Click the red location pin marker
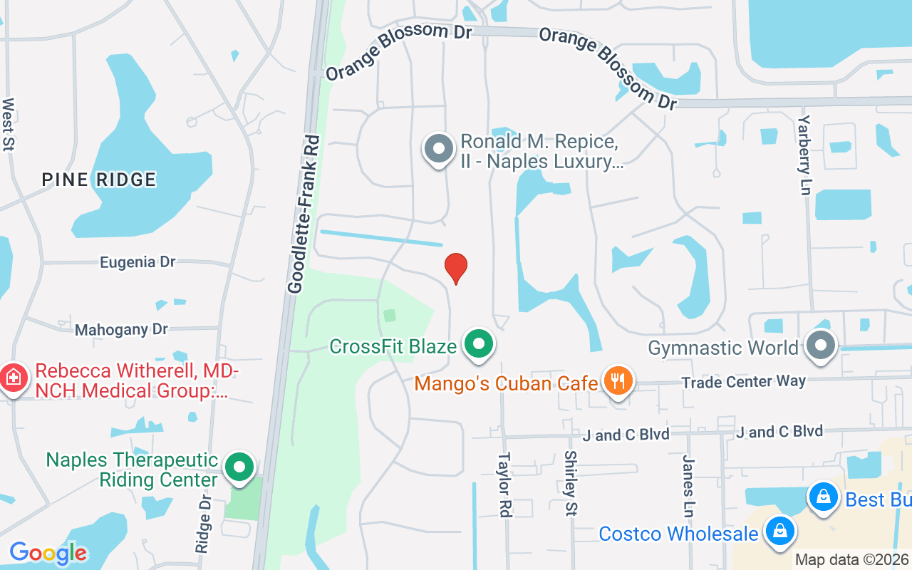(456, 268)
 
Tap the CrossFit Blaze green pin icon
(480, 345)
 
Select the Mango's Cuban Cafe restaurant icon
(618, 381)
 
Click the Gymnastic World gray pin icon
(821, 346)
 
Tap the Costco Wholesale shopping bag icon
(780, 531)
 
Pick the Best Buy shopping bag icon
(823, 497)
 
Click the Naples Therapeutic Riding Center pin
(239, 467)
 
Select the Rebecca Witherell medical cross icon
(14, 378)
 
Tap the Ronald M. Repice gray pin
(439, 149)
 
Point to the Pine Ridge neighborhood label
(98, 179)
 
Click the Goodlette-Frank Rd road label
(304, 214)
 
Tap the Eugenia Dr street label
(138, 262)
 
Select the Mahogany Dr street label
(121, 329)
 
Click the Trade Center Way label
(743, 382)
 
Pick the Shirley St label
(570, 483)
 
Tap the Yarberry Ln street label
(805, 155)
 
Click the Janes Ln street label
(688, 486)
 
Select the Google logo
(48, 553)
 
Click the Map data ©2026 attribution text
(852, 560)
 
